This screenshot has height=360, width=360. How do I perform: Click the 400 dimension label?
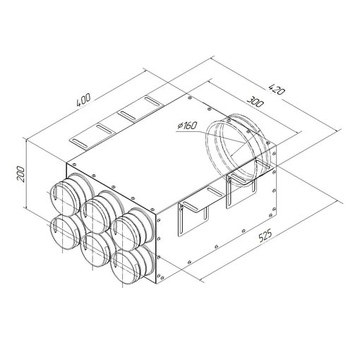click(x=83, y=100)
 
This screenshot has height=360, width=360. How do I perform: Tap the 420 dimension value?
click(x=276, y=89)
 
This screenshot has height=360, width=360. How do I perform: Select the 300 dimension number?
click(x=255, y=101)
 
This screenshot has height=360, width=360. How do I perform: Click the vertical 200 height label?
click(x=20, y=174)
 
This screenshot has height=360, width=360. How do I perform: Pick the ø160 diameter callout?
click(x=186, y=126)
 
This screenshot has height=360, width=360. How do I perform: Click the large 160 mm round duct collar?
click(x=238, y=150)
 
